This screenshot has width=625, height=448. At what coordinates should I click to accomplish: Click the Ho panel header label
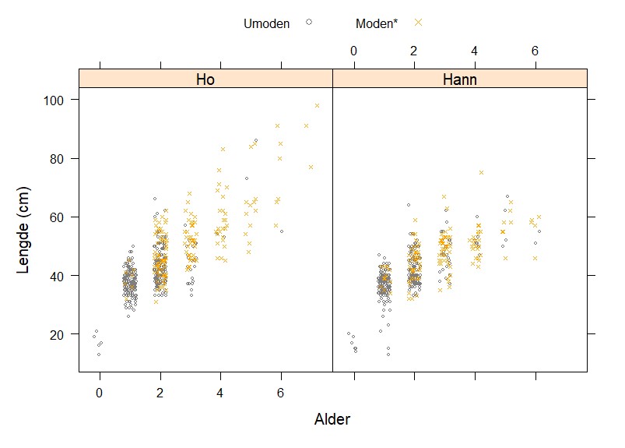point(205,79)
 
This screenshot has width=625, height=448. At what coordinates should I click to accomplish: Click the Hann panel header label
point(459,79)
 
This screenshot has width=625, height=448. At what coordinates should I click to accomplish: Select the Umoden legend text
point(266,23)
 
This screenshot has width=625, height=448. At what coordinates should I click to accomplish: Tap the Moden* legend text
point(376,23)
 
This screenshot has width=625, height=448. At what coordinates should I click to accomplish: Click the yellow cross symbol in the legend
point(418,23)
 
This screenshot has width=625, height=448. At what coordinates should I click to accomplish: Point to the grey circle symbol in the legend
point(309,23)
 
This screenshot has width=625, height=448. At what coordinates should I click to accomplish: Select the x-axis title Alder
point(332,420)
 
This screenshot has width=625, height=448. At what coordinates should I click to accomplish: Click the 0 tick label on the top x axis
point(353,51)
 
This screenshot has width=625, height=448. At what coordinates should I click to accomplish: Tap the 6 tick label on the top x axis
point(535,51)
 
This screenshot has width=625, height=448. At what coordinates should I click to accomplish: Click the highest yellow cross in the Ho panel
point(317,106)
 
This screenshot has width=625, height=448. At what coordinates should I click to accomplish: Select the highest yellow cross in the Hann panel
point(481,172)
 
